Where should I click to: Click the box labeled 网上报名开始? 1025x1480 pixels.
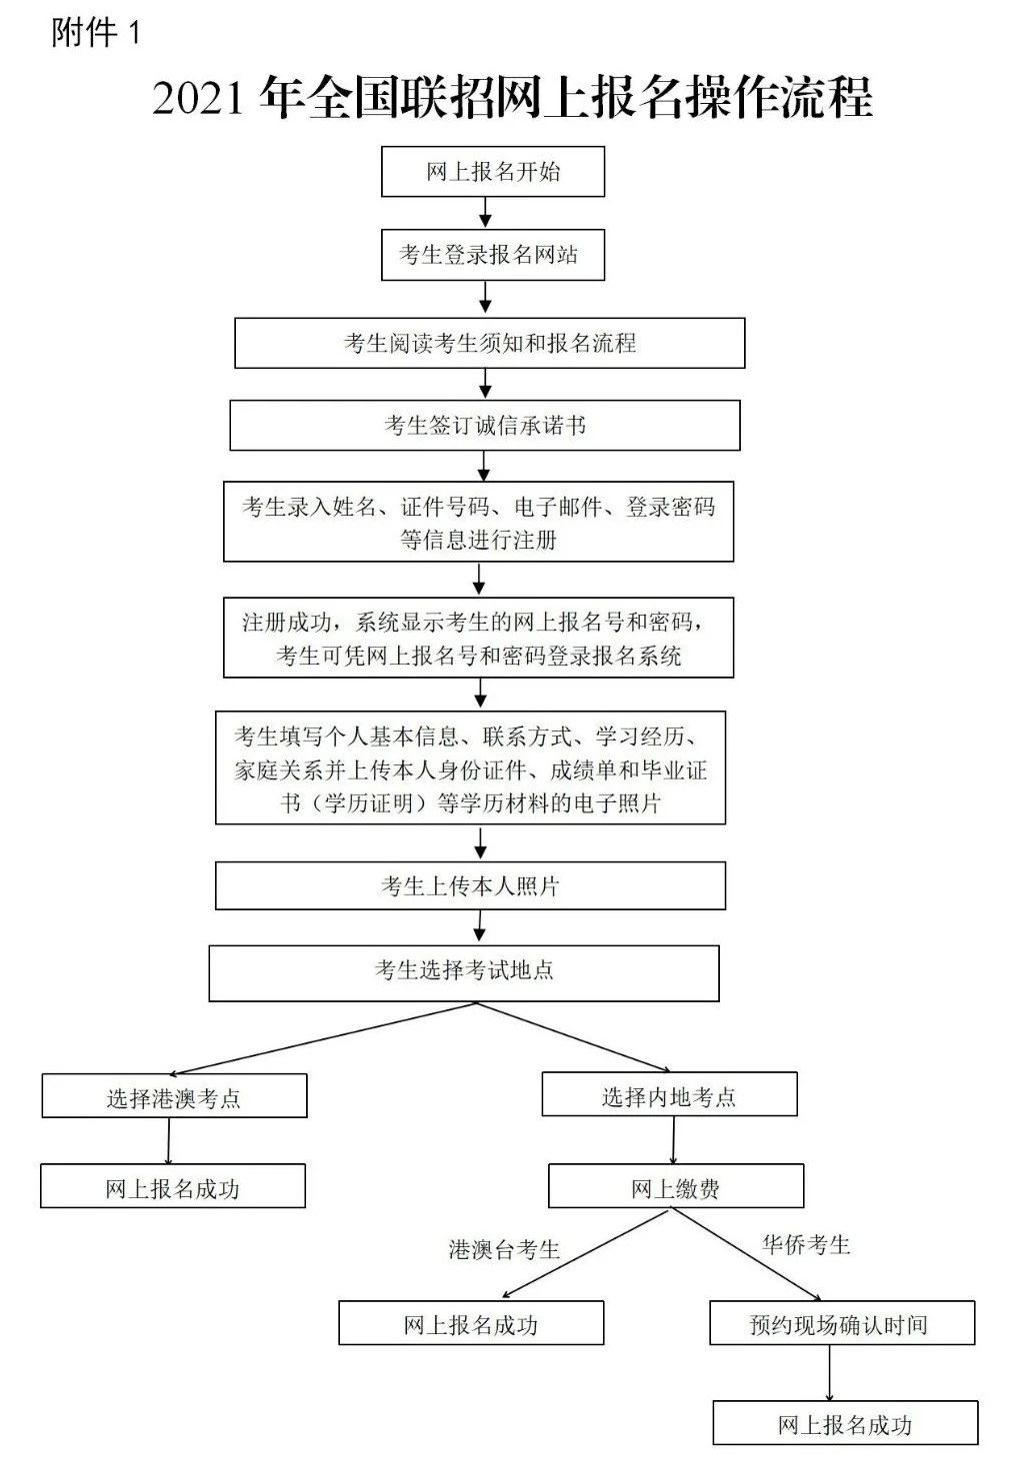(493, 172)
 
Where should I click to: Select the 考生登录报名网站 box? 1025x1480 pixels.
(493, 255)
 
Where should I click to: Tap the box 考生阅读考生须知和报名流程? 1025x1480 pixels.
(489, 343)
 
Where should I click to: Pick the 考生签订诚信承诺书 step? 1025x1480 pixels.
(485, 426)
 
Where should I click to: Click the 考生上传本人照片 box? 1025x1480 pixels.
(470, 885)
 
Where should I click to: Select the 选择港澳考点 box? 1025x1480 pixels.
(174, 1097)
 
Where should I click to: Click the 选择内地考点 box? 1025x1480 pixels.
(669, 1095)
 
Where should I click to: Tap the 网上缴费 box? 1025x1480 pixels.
(675, 1188)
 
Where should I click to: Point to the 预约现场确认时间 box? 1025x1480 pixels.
(840, 1324)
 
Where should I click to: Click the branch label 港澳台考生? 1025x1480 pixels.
(504, 1249)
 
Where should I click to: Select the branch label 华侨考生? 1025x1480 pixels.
(806, 1245)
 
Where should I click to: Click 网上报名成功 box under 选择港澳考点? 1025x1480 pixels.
(172, 1188)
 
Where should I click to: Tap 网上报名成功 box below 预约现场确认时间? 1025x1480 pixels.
(845, 1423)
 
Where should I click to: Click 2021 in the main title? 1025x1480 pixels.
(199, 98)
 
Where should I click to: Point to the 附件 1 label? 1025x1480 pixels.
(96, 33)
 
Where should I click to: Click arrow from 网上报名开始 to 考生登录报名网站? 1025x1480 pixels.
(486, 212)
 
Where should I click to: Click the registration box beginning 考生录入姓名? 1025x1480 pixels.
(478, 522)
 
